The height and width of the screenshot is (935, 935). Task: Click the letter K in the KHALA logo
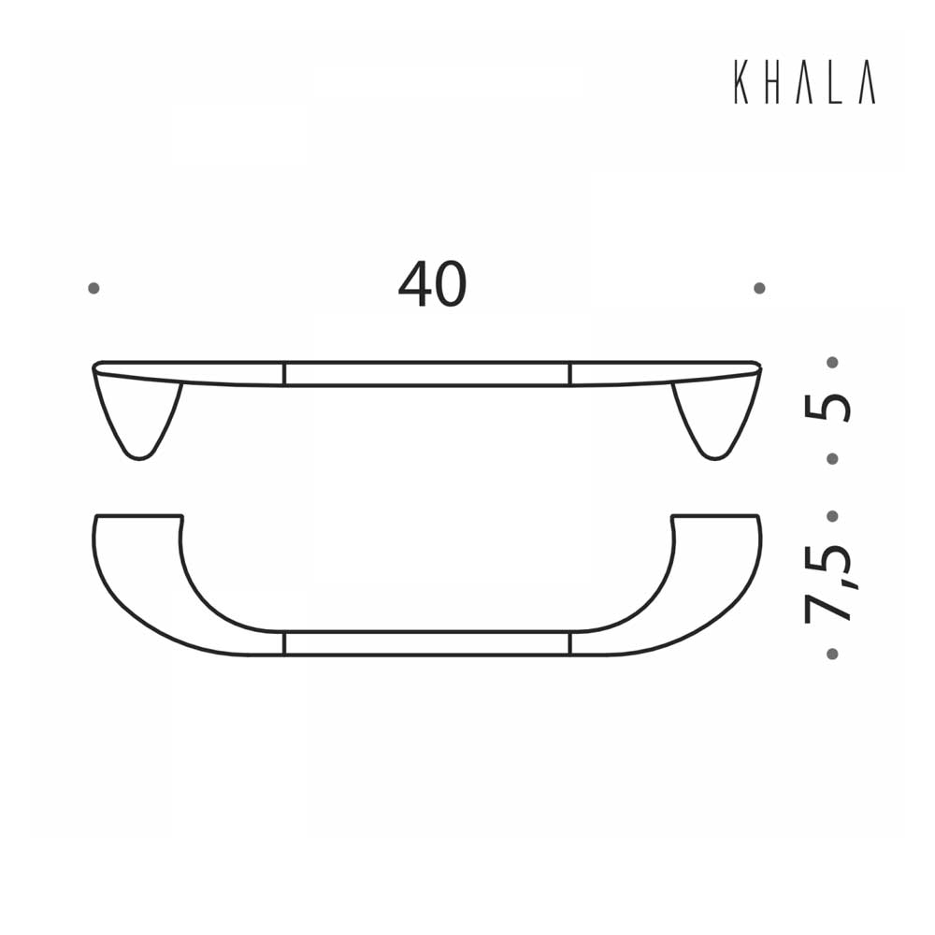tap(741, 84)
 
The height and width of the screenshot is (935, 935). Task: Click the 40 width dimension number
tap(432, 285)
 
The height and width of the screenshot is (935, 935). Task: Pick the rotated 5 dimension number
tap(829, 408)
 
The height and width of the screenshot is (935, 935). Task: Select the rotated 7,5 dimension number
tap(828, 583)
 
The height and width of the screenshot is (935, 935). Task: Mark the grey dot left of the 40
tap(93, 288)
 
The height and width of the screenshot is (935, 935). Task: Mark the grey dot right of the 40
tap(759, 288)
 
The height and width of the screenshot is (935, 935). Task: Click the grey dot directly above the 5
tap(832, 361)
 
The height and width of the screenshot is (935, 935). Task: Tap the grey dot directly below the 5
tap(832, 458)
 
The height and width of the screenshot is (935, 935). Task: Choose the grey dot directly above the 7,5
tap(832, 515)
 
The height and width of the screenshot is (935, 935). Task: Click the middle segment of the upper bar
tap(426, 373)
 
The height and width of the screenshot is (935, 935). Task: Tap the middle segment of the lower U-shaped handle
tap(426, 643)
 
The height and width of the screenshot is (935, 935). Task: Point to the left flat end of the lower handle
tap(138, 516)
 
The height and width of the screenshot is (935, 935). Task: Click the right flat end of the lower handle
tap(715, 516)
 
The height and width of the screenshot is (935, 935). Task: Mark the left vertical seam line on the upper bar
tap(284, 373)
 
